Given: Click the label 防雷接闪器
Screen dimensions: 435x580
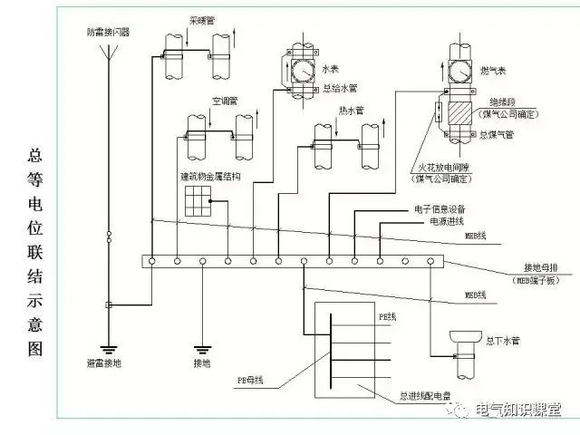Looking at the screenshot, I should point(109,32).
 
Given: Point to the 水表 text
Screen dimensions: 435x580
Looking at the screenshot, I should point(332,66).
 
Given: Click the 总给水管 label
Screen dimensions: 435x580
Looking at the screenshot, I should point(341,89).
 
